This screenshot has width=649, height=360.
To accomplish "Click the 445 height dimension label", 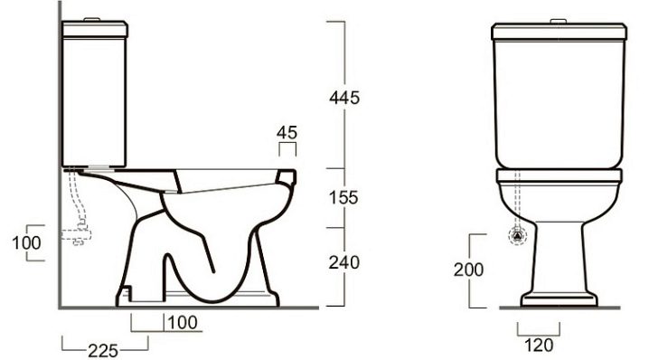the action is [344, 98].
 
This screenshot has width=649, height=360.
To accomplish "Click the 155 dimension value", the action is [343, 197].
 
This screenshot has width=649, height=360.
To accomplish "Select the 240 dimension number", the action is [344, 262].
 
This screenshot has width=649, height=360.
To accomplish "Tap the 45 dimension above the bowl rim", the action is [287, 133].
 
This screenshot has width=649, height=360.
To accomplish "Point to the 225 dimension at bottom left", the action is [103, 351].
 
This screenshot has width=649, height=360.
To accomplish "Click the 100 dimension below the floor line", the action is [183, 322].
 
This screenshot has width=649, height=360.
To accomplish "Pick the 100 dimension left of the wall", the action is [26, 242].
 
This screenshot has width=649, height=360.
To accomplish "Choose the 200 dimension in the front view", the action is [468, 270].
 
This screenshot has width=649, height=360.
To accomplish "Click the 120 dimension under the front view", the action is [539, 345].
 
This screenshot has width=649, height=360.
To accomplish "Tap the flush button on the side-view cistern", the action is [92, 19].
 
